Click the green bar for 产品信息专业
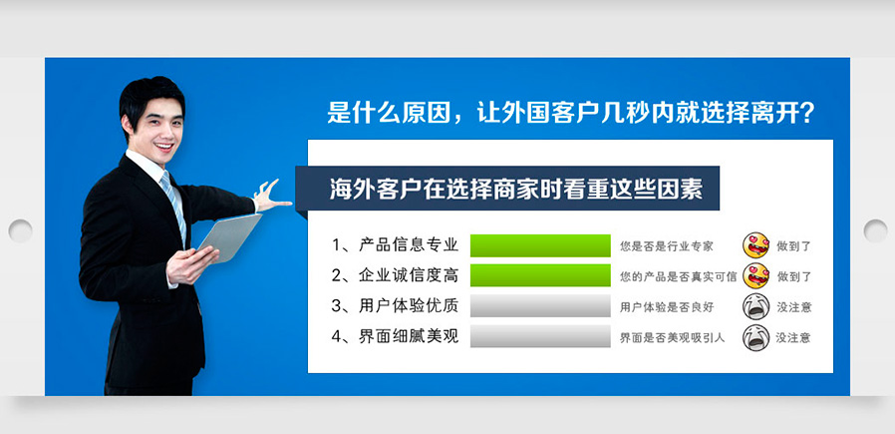(x=540, y=245)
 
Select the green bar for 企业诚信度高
(x=540, y=275)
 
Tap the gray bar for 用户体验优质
(x=540, y=306)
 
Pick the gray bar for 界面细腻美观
(x=540, y=336)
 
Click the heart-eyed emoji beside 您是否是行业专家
(x=756, y=245)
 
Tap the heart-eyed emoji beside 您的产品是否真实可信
(x=756, y=275)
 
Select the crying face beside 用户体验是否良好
(x=756, y=306)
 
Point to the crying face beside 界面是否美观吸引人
(x=756, y=337)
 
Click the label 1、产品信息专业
(x=395, y=245)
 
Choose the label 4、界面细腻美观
(x=395, y=336)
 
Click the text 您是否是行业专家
(x=667, y=246)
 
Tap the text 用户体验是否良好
(x=667, y=307)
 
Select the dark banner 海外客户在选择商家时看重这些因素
(x=507, y=189)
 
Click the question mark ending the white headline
(x=806, y=114)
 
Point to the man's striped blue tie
(x=173, y=207)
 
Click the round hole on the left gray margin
(x=21, y=230)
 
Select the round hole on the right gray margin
(x=875, y=230)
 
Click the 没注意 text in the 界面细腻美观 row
(x=792, y=337)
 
